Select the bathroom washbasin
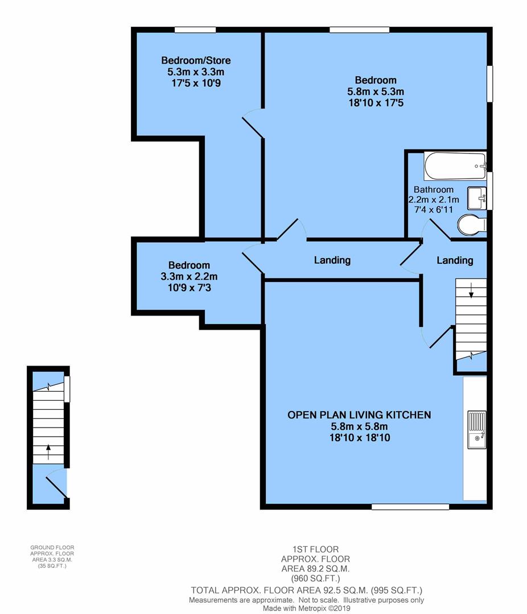(476, 197)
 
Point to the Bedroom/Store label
(196, 60)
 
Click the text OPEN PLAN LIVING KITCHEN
(359, 415)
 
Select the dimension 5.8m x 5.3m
(376, 92)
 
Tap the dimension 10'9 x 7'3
(189, 288)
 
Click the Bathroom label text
(434, 189)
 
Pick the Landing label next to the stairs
(455, 260)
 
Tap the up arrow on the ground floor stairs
(48, 451)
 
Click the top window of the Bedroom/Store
(195, 30)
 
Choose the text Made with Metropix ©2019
(306, 608)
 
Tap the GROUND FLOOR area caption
(52, 557)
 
